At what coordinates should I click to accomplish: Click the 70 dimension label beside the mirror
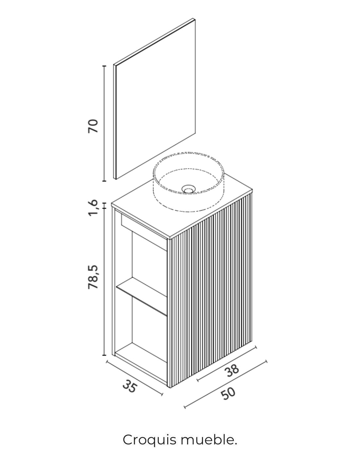[93, 126]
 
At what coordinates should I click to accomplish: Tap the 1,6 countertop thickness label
[93, 207]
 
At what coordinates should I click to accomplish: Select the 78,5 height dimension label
[93, 277]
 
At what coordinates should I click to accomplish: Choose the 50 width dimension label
[228, 393]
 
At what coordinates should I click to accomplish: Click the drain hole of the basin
[188, 189]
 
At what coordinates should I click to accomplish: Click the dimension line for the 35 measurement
[134, 378]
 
